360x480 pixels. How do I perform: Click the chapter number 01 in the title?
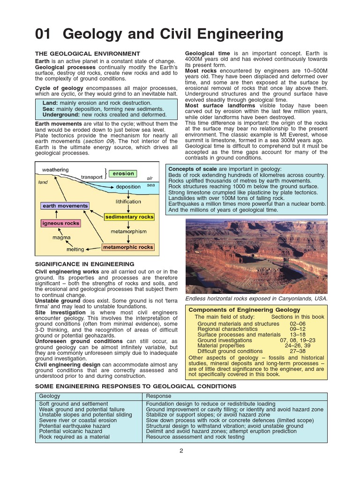[45, 34]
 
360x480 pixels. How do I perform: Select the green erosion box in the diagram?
[123, 173]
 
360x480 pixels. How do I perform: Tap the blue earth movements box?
[65, 206]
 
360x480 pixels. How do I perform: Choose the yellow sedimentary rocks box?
[129, 217]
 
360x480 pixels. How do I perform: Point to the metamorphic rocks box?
[128, 247]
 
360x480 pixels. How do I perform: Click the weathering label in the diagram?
[55, 169]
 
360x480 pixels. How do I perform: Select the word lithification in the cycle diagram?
[128, 202]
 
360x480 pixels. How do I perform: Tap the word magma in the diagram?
[61, 238]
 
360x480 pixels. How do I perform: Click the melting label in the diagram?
[75, 249]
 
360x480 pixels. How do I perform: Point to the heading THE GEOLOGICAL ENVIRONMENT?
[88, 54]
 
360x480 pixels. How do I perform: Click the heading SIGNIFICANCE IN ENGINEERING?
[85, 264]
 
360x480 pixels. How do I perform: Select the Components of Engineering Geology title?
[244, 310]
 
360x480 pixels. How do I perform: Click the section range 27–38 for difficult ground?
[297, 351]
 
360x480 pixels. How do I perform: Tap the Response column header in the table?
[159, 396]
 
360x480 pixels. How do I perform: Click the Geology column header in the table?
[49, 396]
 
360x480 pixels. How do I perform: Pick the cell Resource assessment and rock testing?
[195, 437]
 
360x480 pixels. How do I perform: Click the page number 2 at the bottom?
[181, 451]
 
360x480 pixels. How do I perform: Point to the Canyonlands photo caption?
[256, 299]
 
